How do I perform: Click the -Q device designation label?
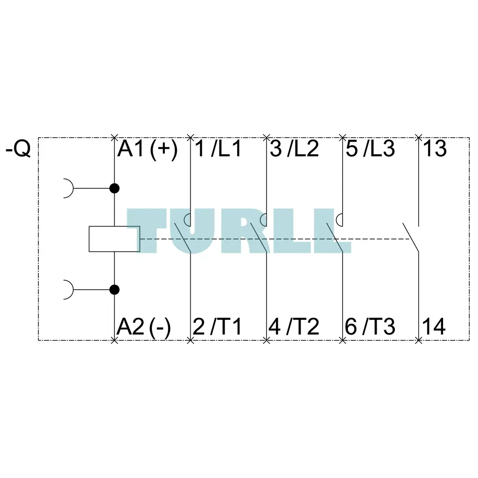[18, 149]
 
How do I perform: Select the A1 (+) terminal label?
[148, 149]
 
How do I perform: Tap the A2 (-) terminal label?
[144, 327]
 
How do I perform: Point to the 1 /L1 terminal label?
[218, 149]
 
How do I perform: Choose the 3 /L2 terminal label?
[294, 149]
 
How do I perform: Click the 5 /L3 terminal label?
[370, 149]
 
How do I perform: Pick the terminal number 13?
[435, 149]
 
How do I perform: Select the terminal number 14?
[434, 327]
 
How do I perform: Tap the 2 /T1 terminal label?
[217, 327]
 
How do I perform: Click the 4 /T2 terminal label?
[294, 327]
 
